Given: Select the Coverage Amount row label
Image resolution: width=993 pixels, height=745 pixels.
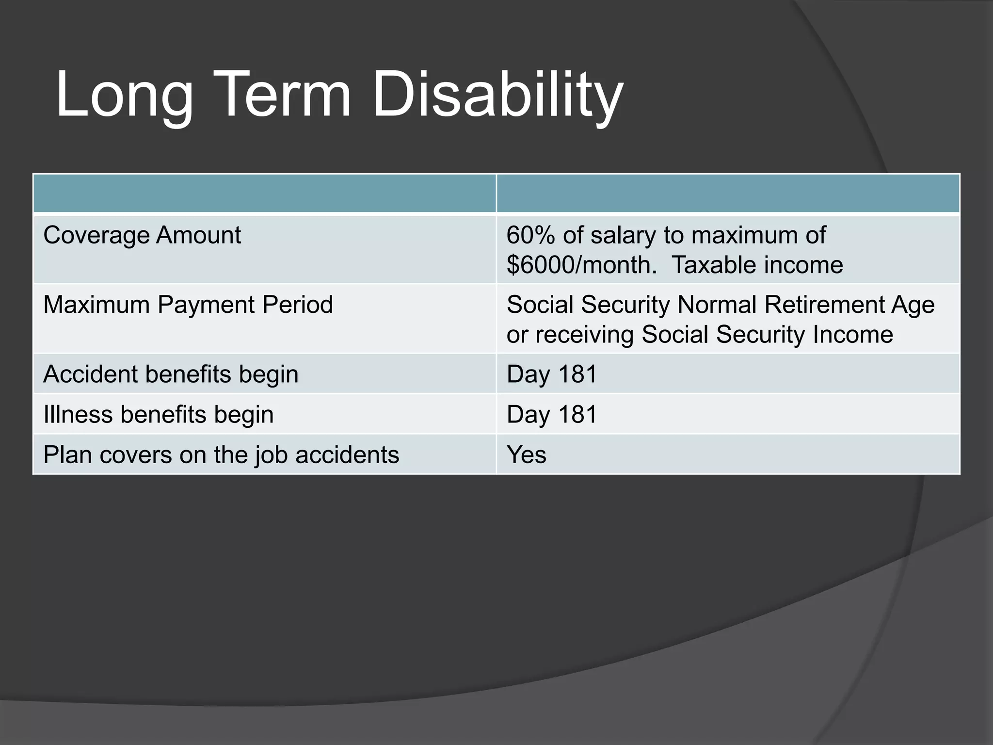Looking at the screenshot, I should pos(142,235).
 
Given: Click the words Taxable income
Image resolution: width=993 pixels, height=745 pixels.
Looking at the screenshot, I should pos(757,265).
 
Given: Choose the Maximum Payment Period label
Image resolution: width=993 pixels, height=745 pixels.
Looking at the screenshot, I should pos(188,305).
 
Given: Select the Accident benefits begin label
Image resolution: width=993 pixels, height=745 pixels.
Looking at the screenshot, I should pos(171,374).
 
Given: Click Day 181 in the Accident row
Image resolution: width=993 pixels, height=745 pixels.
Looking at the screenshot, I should pos(552,374).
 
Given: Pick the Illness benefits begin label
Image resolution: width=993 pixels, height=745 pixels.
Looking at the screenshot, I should pos(159,415).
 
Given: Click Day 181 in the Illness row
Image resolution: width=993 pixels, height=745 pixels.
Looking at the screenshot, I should pos(552,415).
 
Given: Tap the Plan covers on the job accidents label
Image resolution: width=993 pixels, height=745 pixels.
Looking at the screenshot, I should pos(221,455).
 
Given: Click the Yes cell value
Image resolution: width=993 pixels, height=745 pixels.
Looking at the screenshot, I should pos(526,455).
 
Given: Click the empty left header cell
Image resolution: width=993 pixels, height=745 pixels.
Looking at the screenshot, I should pos(264,194).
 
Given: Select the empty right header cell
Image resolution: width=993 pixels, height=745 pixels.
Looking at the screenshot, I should pos(728,194).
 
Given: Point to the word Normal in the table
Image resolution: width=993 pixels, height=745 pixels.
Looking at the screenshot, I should pos(717,305).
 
